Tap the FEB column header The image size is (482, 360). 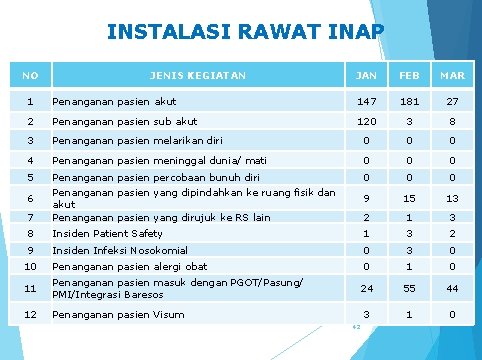coord(409,75)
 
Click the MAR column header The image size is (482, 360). coord(453,75)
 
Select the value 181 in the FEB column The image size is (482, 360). coord(409,101)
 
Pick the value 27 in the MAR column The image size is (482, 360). coord(453,101)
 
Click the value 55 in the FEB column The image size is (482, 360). coord(409,289)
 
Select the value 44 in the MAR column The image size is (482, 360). coord(453,289)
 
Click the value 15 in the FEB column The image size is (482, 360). coord(409,198)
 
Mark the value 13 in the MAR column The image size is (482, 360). coord(453,198)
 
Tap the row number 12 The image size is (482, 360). coord(31,316)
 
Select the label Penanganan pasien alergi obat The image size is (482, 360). coord(130,266)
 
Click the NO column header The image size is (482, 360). coord(31,75)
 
